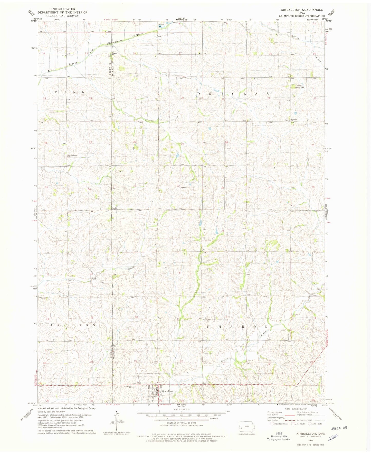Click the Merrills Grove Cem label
coord(72,156)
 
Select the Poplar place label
coord(114,208)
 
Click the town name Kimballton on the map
coord(167,391)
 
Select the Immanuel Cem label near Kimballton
coord(127,387)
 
